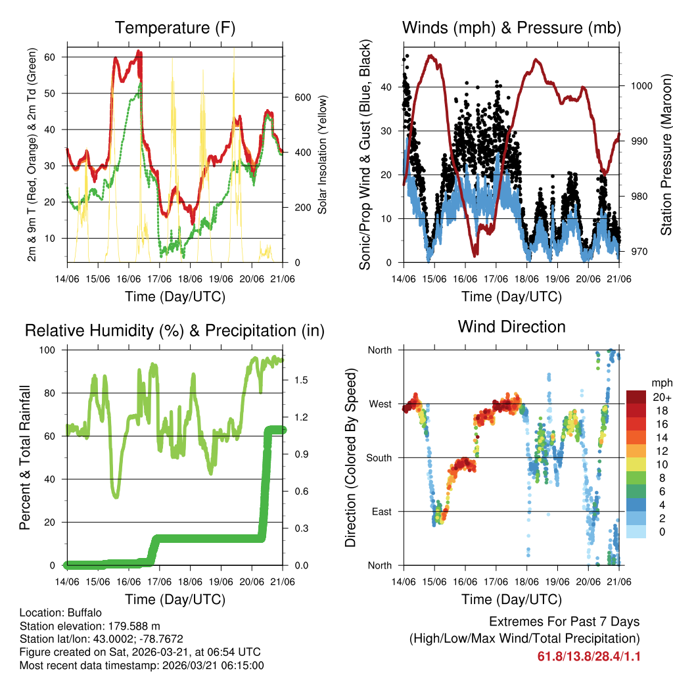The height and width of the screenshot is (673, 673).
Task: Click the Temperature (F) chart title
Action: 175,28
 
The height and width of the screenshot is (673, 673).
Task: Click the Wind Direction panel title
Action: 511,326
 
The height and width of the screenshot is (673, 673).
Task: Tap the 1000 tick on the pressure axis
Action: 641,86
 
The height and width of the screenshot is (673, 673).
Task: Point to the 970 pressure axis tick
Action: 638,252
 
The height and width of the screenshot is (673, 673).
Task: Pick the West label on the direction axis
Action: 379,404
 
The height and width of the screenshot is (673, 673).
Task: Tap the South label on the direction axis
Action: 378,457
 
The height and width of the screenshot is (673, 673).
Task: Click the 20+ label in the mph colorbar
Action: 661,397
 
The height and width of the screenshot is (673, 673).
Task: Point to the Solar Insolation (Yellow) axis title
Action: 323,155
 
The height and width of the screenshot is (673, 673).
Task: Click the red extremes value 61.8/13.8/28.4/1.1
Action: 589,656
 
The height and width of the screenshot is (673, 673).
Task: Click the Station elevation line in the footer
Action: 90,626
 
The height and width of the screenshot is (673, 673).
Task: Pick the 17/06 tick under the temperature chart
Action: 160,278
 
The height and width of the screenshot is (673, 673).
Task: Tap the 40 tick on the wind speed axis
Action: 386,87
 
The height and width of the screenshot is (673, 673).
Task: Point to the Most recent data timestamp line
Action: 142,665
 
